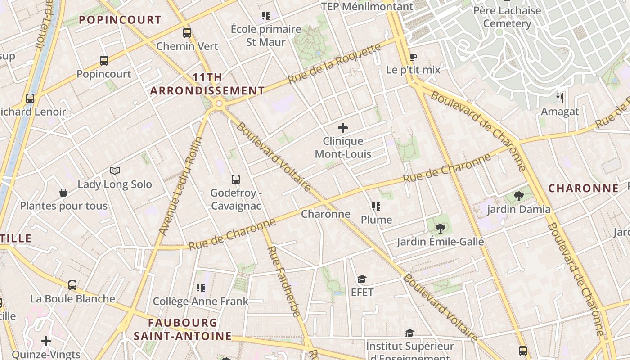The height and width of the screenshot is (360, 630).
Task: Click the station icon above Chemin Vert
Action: pyautogui.click(x=187, y=33)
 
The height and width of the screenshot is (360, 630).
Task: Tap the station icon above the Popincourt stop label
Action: pyautogui.click(x=104, y=61)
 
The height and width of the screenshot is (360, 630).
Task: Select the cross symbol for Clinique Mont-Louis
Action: pyautogui.click(x=343, y=128)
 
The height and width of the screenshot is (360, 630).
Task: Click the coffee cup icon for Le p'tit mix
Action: pyautogui.click(x=413, y=57)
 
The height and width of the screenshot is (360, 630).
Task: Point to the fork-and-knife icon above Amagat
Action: pyautogui.click(x=560, y=98)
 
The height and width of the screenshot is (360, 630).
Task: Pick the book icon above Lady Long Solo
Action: pyautogui.click(x=115, y=171)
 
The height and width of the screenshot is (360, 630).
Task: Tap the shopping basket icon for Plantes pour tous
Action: pyautogui.click(x=63, y=193)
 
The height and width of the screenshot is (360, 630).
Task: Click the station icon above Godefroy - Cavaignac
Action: pyautogui.click(x=236, y=180)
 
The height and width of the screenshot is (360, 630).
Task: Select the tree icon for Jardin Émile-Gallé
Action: pyautogui.click(x=440, y=229)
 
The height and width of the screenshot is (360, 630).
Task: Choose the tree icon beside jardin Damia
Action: pyautogui.click(x=519, y=196)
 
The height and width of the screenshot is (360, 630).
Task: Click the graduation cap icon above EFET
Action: pyautogui.click(x=362, y=279)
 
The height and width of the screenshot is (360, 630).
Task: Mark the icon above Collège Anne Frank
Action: pyautogui.click(x=200, y=288)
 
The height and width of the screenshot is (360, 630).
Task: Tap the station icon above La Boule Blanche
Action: pyautogui.click(x=72, y=285)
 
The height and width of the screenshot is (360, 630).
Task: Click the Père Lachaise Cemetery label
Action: pyautogui.click(x=507, y=17)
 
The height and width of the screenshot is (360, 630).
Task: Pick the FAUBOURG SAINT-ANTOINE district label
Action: pyautogui.click(x=183, y=329)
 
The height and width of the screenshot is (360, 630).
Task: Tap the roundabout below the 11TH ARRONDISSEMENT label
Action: pyautogui.click(x=219, y=104)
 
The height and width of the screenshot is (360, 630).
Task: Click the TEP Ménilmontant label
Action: pyautogui.click(x=367, y=7)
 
